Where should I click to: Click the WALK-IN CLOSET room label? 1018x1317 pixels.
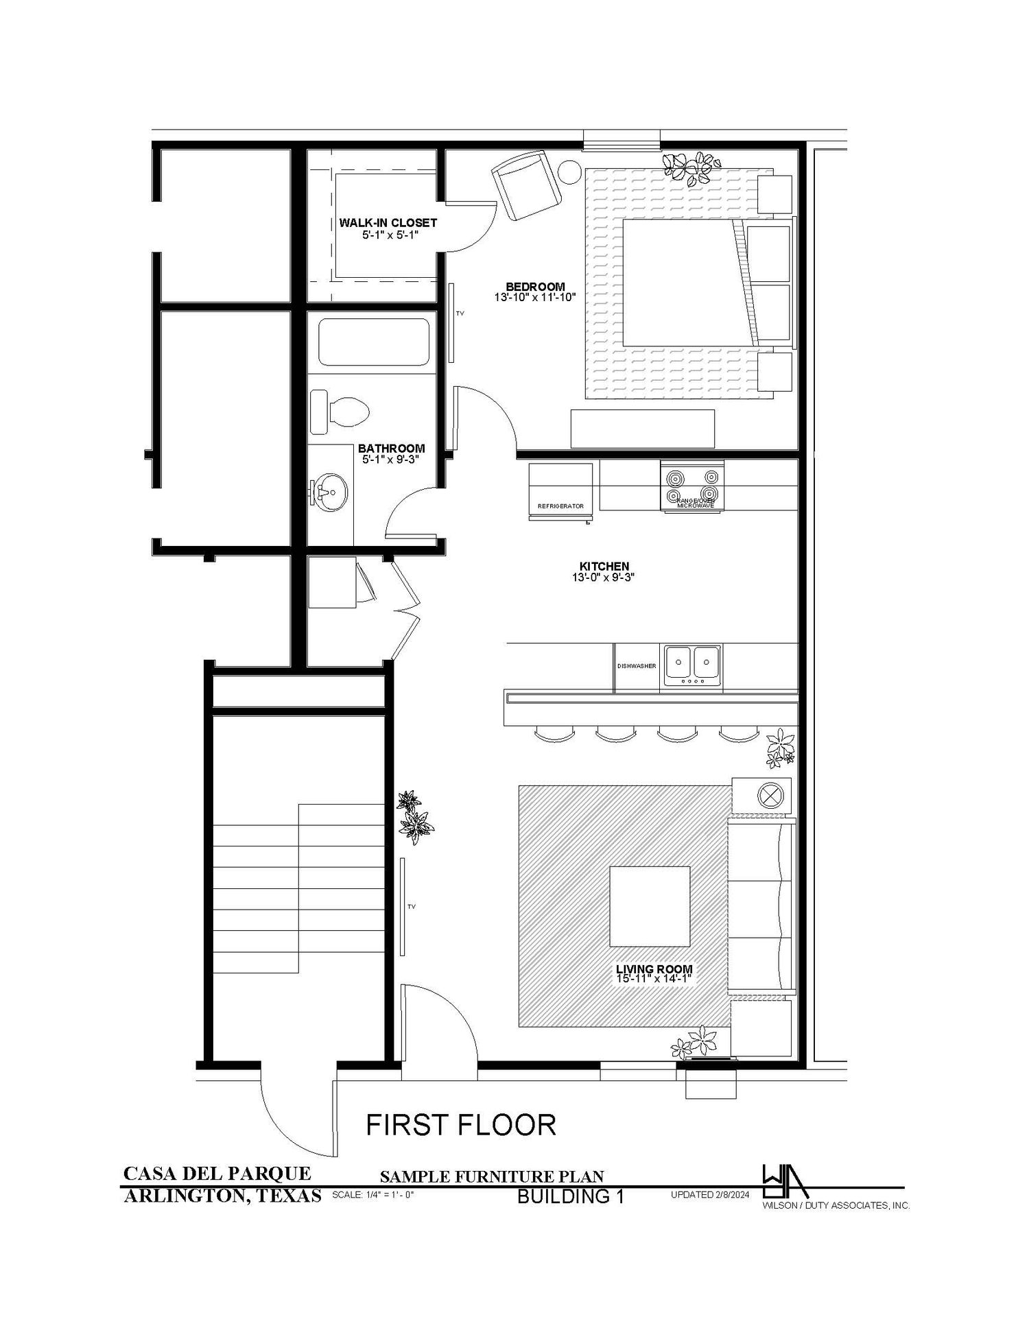tap(388, 223)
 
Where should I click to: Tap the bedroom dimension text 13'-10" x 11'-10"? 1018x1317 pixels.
tap(534, 298)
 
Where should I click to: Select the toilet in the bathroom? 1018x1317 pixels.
tap(341, 412)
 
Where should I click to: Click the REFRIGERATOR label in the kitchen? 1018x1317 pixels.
tap(560, 506)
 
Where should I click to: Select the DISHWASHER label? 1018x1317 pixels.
tap(636, 666)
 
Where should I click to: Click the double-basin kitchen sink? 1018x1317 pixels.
tap(690, 666)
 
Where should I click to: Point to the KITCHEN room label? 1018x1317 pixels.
tap(604, 566)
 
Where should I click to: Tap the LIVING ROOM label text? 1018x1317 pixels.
tap(654, 969)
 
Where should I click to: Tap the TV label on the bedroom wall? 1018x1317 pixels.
tap(460, 313)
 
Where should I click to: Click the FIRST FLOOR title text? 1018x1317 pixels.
tap(460, 1125)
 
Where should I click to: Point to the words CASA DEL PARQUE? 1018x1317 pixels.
tap(217, 1173)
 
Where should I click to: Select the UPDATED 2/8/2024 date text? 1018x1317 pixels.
tap(710, 1195)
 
